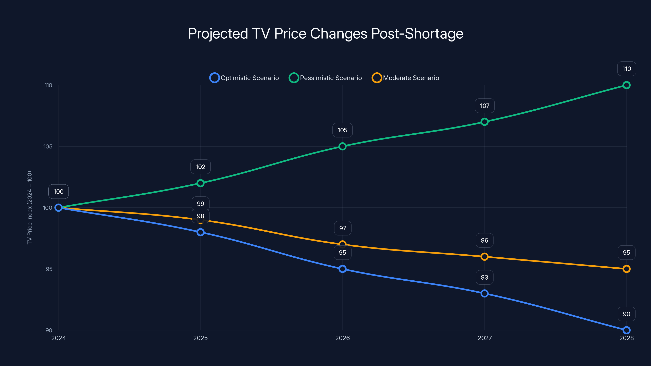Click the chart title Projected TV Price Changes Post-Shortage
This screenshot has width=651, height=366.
coord(325,34)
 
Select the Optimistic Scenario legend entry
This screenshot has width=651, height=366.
coord(244,78)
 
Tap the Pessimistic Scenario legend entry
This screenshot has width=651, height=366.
coord(325,78)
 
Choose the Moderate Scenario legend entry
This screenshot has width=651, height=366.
coord(405,78)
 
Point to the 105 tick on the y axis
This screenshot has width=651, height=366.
coord(48,146)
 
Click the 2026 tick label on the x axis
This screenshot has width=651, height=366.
coord(342,338)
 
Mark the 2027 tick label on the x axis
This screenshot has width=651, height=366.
coord(484,338)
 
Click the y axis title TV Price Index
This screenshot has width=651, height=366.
coord(29,208)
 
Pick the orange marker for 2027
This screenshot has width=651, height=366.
coord(484,257)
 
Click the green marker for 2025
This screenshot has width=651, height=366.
coord(200,183)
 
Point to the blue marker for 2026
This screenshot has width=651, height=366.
coord(342,269)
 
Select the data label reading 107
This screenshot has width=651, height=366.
coord(484,106)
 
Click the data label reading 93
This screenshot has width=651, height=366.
coord(484,277)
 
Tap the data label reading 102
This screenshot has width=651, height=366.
coord(200,167)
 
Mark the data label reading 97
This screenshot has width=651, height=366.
coord(342,228)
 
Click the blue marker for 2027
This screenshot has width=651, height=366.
coord(484,293)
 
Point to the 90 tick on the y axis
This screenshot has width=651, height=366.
coord(49,330)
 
